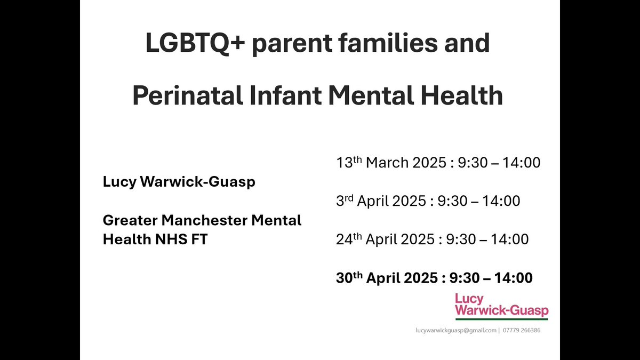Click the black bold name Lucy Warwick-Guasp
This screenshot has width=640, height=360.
(179, 182)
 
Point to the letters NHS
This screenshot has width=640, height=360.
(171, 239)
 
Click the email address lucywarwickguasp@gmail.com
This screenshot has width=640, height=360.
(456, 330)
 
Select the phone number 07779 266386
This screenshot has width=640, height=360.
(522, 330)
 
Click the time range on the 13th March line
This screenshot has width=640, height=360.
(499, 163)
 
